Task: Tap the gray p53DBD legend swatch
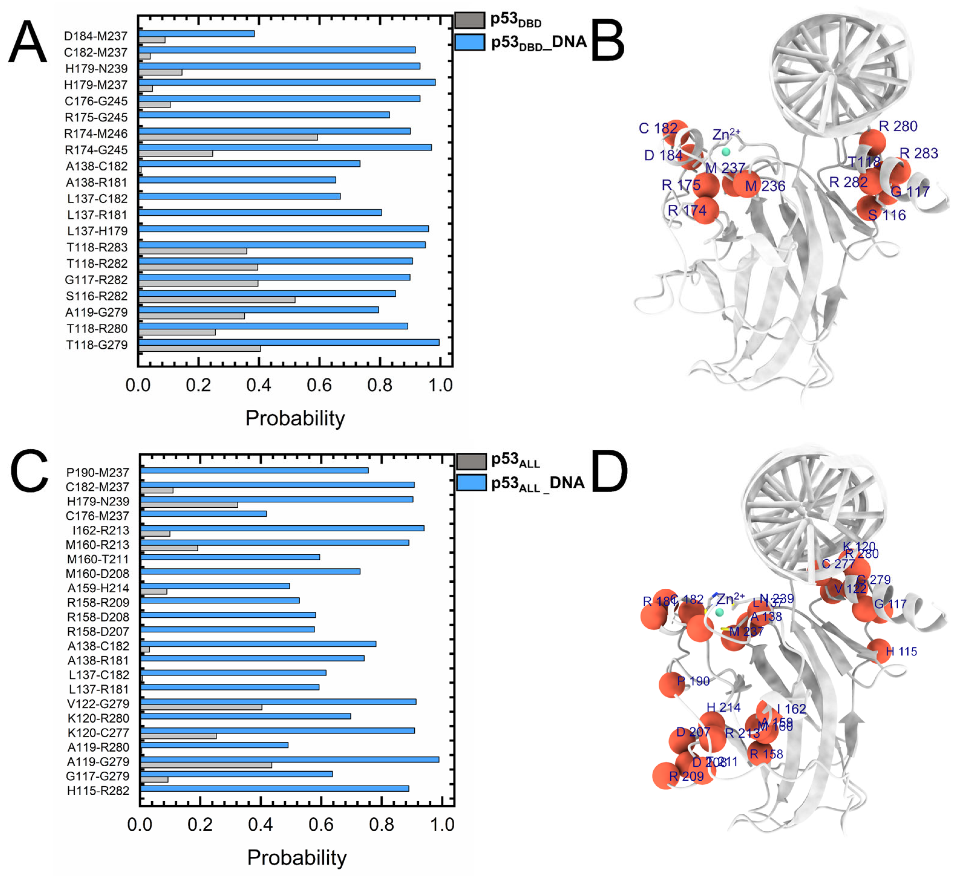coord(469,20)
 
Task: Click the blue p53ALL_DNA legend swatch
coord(471,483)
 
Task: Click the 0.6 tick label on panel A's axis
coord(319,385)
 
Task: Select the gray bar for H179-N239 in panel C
coord(189,505)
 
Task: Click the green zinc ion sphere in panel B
coord(725,152)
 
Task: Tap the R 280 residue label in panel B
coord(898,126)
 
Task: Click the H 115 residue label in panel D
coord(901,652)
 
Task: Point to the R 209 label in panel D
coord(686,776)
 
